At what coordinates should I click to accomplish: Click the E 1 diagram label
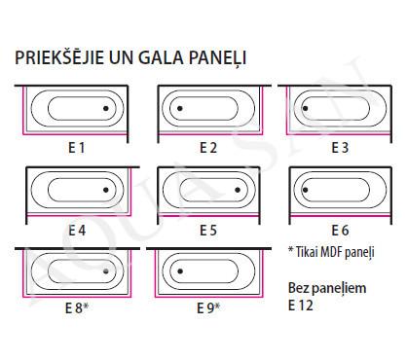(77, 148)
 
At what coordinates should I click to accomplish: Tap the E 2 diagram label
(208, 148)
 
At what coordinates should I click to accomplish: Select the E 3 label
(340, 148)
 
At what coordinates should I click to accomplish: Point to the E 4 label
(77, 231)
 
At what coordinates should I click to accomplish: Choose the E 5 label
(208, 231)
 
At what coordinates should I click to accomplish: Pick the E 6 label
(340, 231)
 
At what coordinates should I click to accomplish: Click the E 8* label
(77, 307)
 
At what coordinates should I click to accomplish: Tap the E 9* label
(208, 307)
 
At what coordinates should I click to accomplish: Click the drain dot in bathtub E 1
(106, 108)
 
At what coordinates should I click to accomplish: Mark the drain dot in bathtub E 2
(180, 108)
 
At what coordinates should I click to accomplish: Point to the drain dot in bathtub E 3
(305, 108)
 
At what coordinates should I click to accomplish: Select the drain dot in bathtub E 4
(106, 190)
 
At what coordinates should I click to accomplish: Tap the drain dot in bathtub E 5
(238, 190)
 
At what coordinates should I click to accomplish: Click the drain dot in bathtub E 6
(305, 190)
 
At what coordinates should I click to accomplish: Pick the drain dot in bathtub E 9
(180, 271)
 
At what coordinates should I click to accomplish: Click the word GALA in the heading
(161, 57)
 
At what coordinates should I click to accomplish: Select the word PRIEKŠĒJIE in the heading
(59, 56)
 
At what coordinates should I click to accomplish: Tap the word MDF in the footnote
(331, 252)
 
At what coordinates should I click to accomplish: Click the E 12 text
(301, 306)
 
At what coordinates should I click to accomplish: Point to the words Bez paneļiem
(327, 288)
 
